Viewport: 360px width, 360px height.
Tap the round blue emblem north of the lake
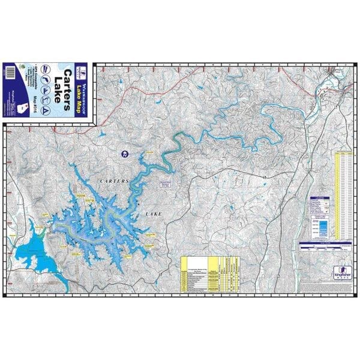[x=124, y=154]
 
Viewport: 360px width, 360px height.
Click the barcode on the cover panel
[x=10, y=71]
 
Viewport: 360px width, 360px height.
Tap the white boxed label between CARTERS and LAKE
[x=165, y=184]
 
